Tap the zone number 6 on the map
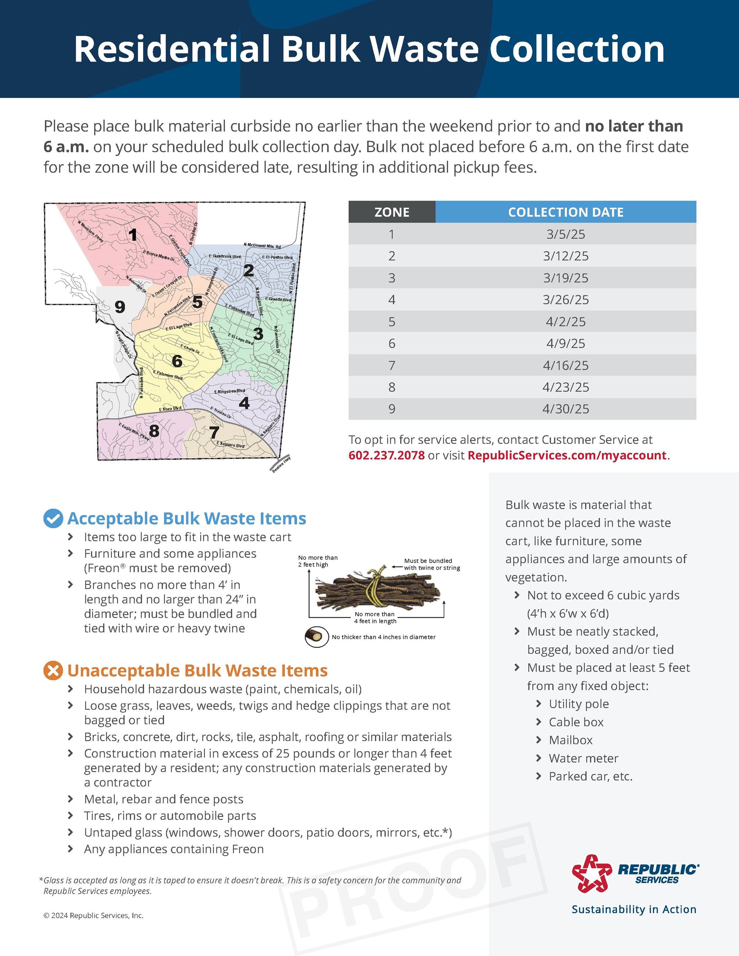(x=177, y=361)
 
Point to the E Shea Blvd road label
(x=170, y=409)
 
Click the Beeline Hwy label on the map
(x=281, y=464)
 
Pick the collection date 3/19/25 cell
(x=565, y=278)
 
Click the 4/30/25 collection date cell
(x=565, y=409)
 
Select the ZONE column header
(x=392, y=212)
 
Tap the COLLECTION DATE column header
(x=565, y=212)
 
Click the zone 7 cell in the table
(x=392, y=365)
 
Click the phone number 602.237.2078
(x=387, y=455)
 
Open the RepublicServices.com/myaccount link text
(x=566, y=455)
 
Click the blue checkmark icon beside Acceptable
(x=53, y=518)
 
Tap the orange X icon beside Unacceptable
(x=53, y=671)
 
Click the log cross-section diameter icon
(x=316, y=637)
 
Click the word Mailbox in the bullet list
(x=571, y=740)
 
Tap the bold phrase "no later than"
(x=633, y=126)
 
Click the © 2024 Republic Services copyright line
(x=93, y=916)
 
